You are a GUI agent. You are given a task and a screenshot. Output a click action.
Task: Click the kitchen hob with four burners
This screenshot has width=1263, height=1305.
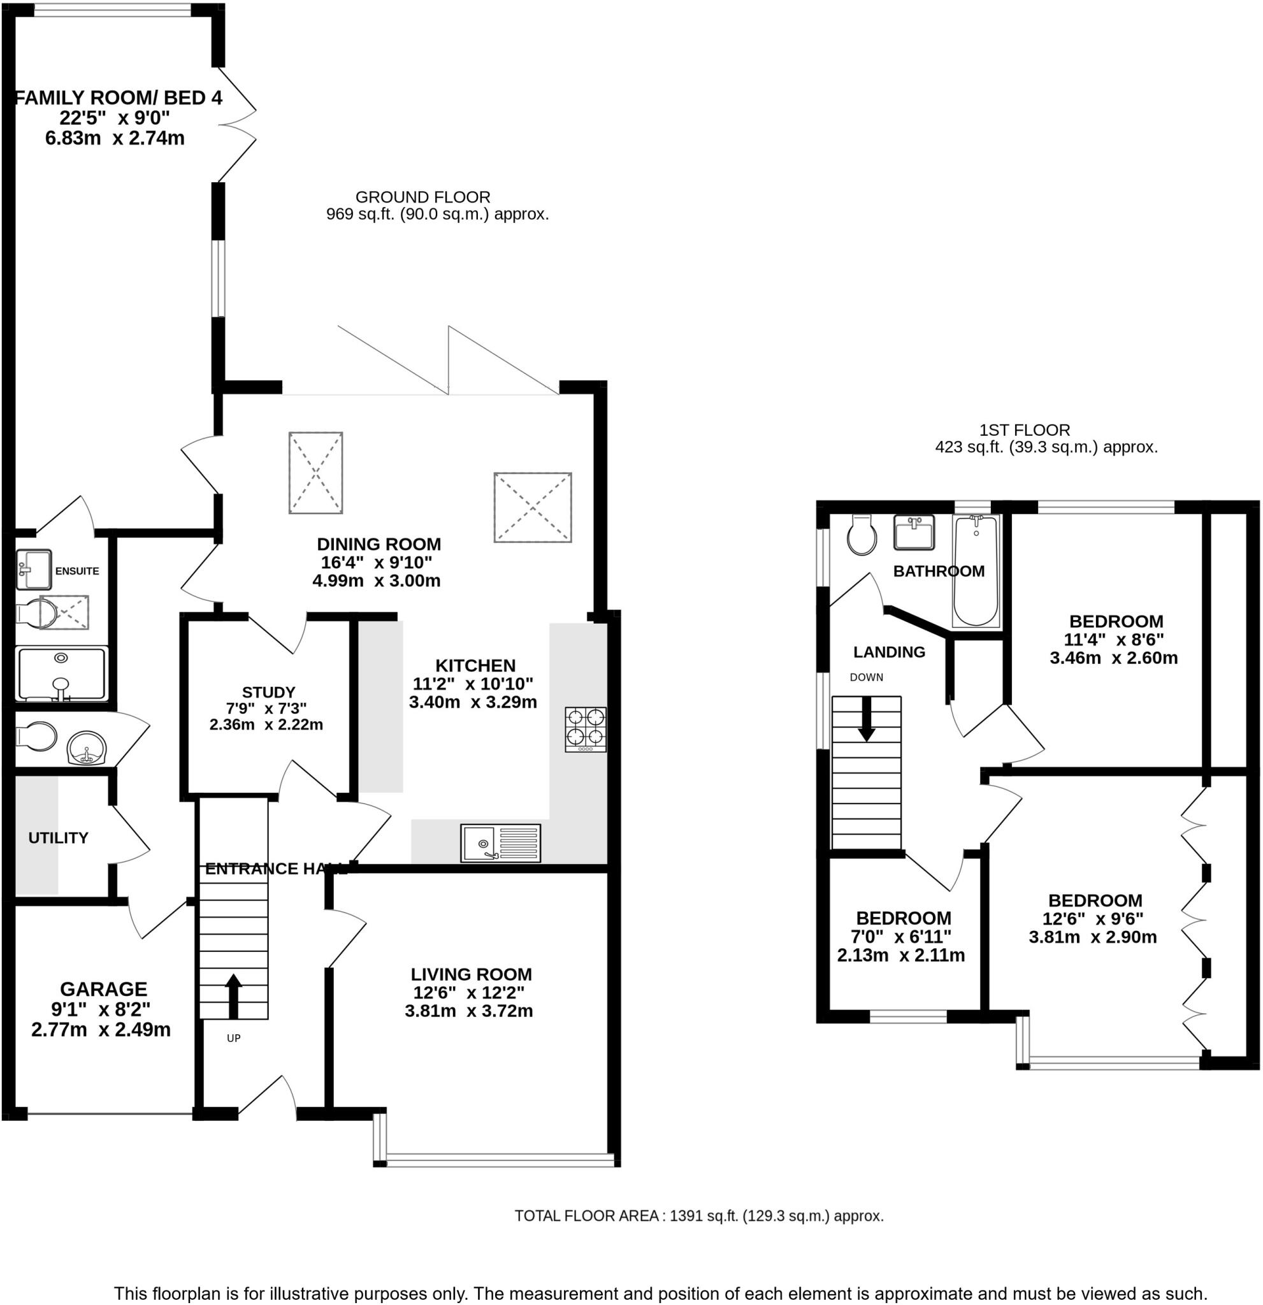585,729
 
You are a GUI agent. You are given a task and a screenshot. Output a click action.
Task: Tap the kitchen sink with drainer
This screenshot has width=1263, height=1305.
500,842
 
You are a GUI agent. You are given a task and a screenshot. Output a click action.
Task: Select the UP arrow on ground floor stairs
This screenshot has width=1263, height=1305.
233,996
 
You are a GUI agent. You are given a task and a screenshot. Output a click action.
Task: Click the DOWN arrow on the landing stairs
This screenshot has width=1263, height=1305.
865,718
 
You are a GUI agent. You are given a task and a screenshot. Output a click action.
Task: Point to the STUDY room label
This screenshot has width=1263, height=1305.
268,692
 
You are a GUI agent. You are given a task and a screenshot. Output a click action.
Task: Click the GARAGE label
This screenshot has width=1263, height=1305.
103,989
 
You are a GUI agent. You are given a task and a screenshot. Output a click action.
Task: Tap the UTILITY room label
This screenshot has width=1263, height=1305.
58,837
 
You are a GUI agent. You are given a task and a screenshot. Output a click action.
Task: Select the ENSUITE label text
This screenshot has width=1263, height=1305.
76,570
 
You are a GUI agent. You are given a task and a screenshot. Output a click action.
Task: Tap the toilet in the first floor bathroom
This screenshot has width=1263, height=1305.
862,535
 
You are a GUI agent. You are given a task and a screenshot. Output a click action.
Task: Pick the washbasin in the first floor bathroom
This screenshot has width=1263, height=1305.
913,533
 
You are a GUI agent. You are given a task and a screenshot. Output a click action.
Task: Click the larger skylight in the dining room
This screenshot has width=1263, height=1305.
532,507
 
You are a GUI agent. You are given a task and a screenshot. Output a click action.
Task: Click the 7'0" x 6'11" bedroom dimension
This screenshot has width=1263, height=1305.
900,936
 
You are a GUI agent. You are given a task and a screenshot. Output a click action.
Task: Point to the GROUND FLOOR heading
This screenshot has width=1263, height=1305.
422,197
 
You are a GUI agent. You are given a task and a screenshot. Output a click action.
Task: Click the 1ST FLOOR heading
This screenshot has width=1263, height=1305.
1024,430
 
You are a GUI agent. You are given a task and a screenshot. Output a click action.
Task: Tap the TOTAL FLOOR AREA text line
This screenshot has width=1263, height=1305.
698,1216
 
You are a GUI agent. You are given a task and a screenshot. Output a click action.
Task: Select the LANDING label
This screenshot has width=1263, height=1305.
889,652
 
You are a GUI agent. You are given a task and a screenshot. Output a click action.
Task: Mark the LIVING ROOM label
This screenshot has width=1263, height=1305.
471,974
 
